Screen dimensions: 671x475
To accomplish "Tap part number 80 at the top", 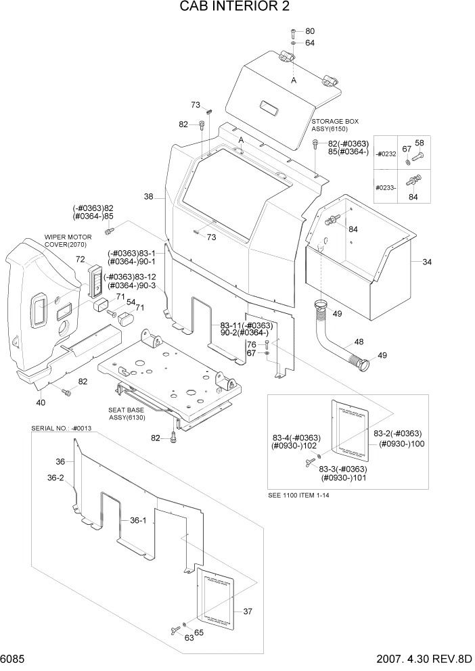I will tap(310, 31).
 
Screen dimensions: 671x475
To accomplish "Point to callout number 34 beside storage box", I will tap(426, 262).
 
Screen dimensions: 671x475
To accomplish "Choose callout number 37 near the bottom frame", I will tap(247, 611).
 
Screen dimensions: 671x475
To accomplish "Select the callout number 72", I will tap(80, 260).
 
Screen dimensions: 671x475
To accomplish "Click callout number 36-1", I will tap(138, 520).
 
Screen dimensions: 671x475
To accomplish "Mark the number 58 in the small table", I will tap(419, 143).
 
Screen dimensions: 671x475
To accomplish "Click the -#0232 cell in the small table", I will tap(386, 154).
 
